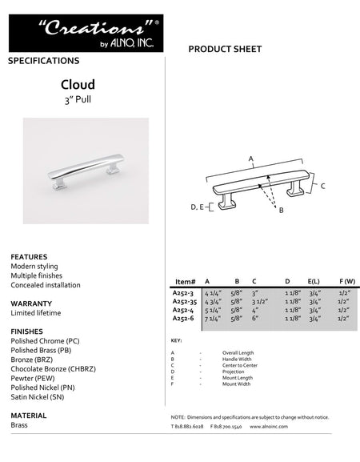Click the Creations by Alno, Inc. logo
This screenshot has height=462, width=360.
[86, 33]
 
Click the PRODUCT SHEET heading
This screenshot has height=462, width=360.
[225, 50]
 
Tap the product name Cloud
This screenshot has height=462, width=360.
[78, 84]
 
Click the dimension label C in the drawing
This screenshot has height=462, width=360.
[322, 186]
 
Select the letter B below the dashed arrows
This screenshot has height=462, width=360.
[281, 211]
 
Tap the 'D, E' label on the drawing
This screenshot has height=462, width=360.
[197, 207]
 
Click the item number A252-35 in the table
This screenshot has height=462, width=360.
[184, 302]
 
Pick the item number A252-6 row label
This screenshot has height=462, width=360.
[183, 319]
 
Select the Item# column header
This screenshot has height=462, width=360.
[184, 283]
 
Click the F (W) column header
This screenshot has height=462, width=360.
[346, 283]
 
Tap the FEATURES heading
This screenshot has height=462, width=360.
[29, 257]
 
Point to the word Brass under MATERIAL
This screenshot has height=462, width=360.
[19, 425]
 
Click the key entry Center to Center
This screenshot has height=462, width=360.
[238, 365]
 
